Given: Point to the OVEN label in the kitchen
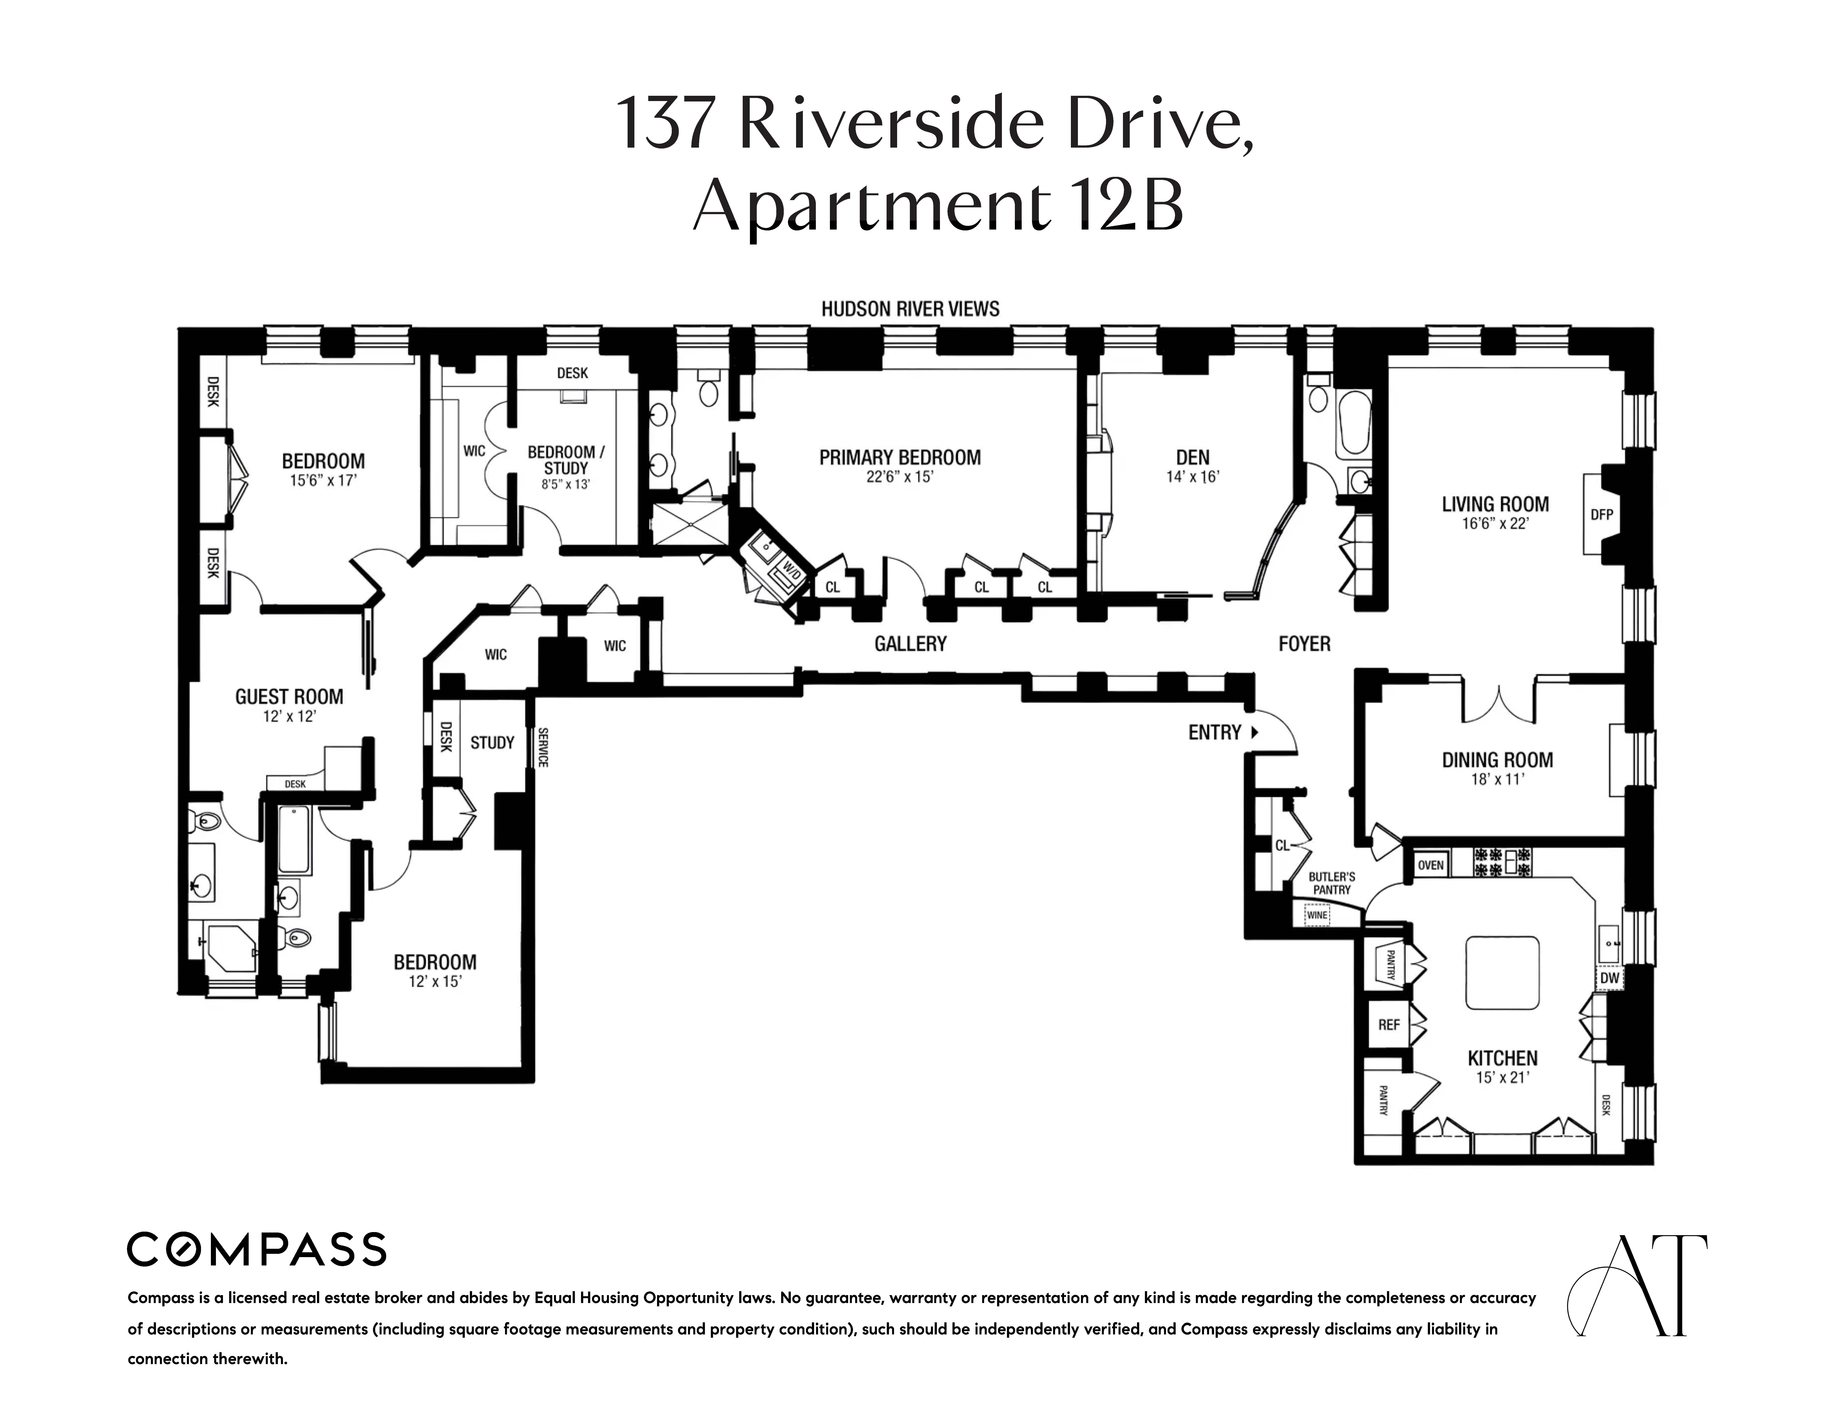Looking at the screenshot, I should pos(1431,865).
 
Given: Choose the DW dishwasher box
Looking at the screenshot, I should pos(1609,978).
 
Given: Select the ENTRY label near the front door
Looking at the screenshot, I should pos(1214,732).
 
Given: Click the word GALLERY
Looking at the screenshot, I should pos(910,644).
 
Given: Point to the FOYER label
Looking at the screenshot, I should pos(1304,644).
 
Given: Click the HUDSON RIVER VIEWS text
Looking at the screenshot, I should pos(910,309).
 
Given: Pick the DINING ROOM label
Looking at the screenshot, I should pos(1497,760).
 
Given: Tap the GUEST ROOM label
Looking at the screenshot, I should pos(289,697).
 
